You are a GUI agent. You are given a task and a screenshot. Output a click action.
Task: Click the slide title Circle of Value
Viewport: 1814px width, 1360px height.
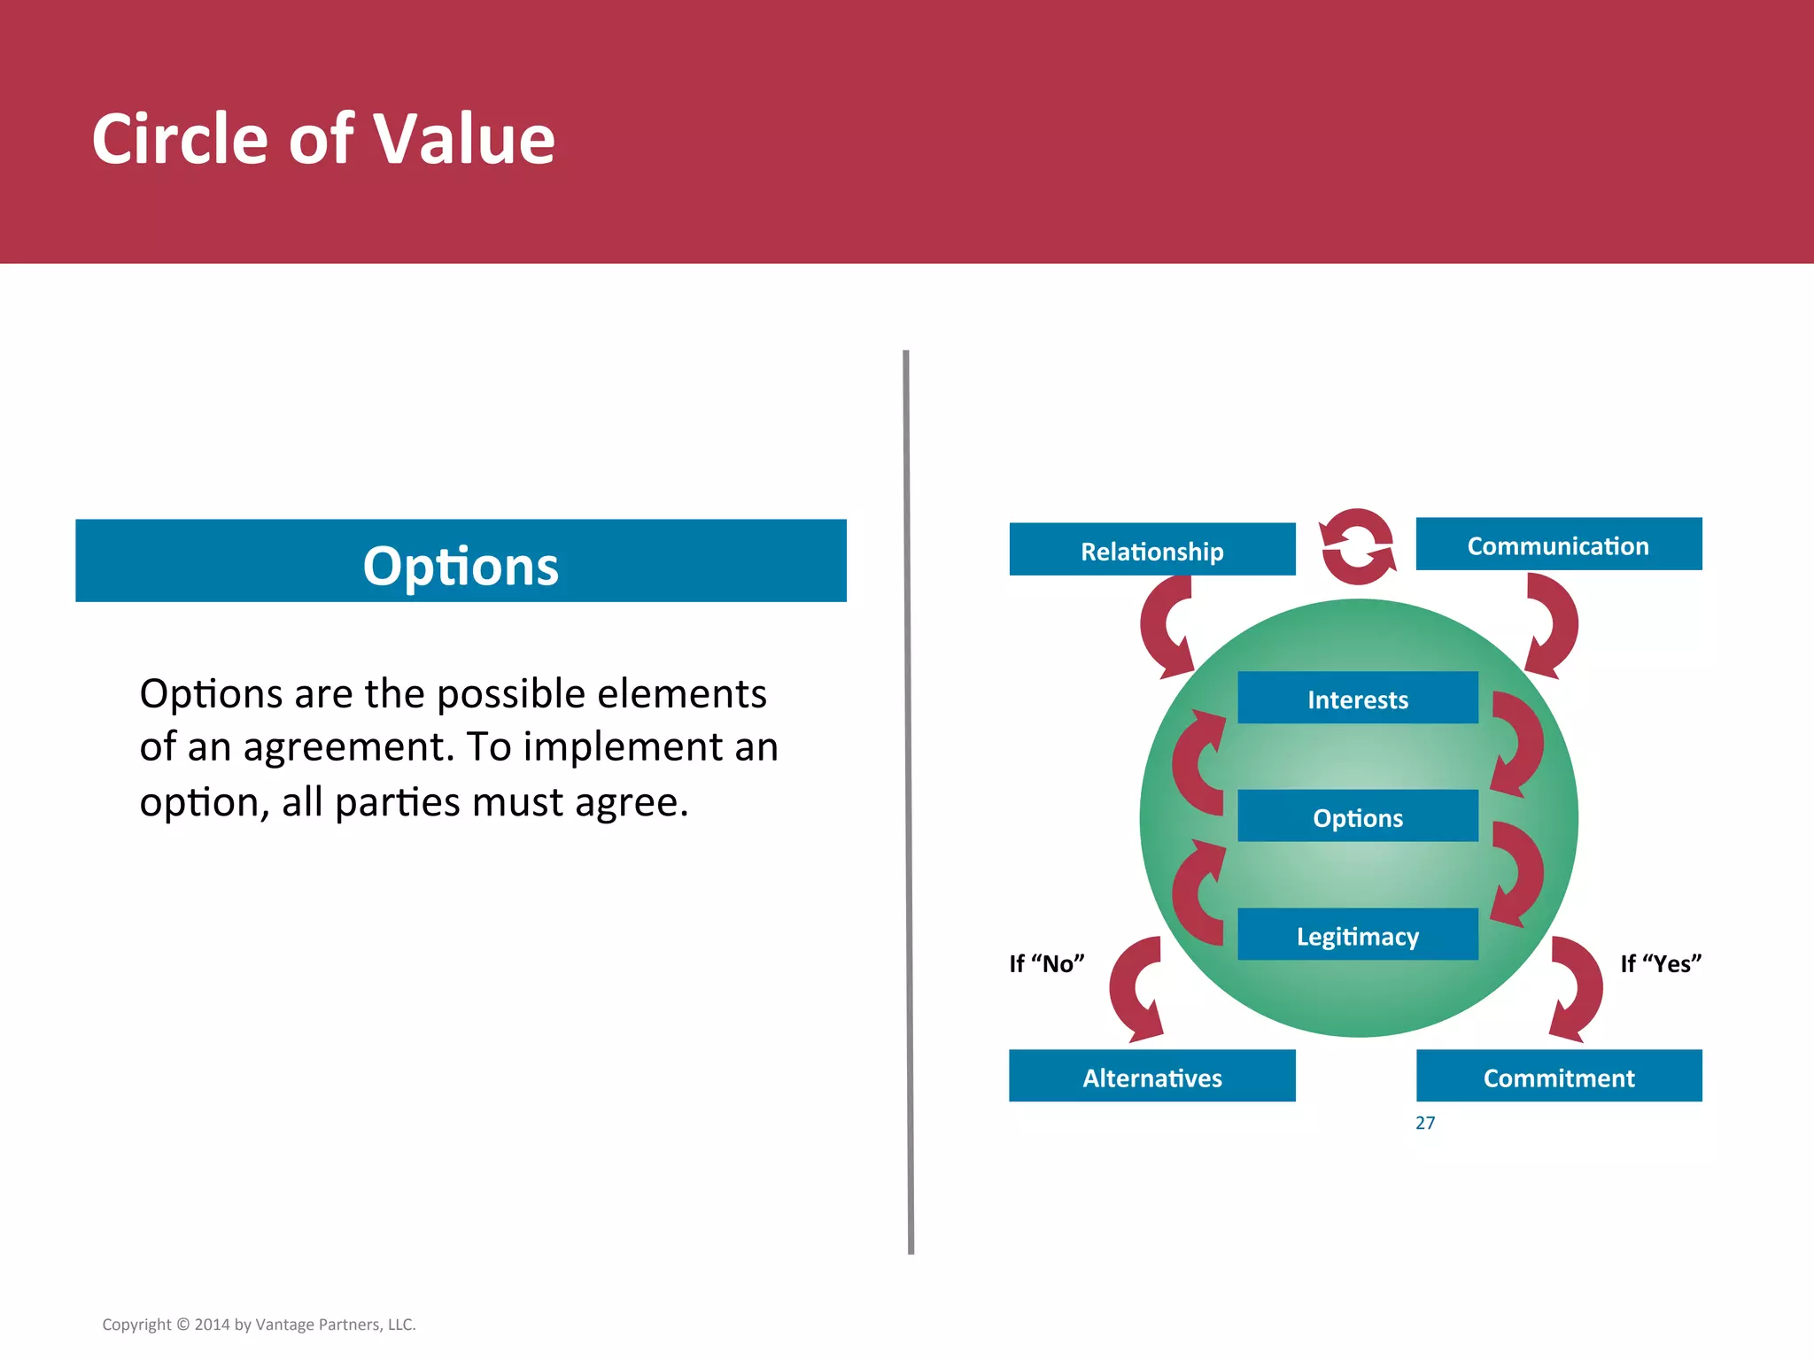(323, 139)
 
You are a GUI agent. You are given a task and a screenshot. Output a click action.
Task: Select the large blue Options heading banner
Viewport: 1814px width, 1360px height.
(461, 561)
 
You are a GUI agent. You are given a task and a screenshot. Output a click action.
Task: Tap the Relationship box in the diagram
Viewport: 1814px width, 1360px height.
(1151, 550)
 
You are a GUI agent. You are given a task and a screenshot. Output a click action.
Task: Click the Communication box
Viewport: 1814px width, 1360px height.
(1558, 545)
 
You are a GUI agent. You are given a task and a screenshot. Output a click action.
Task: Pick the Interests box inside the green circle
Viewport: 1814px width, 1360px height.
(1357, 699)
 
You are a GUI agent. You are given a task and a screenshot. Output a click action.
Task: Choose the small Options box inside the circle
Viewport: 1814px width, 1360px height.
(1357, 816)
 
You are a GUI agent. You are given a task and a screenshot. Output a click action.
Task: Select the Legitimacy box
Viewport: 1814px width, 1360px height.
(1357, 935)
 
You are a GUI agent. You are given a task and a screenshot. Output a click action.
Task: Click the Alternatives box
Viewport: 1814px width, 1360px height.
(1151, 1077)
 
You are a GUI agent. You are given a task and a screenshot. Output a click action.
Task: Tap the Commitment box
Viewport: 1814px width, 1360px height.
(1558, 1077)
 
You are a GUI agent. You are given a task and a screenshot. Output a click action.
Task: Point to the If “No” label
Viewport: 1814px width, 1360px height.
(1046, 963)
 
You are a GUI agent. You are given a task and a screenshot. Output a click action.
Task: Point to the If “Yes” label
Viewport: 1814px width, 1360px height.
(1660, 963)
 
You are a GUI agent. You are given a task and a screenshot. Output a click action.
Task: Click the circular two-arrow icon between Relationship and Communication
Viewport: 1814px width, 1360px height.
(1357, 546)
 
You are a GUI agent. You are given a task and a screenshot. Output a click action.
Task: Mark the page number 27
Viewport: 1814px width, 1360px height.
(1424, 1123)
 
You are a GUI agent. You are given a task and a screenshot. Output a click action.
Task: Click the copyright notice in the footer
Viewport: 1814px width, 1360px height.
(259, 1325)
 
